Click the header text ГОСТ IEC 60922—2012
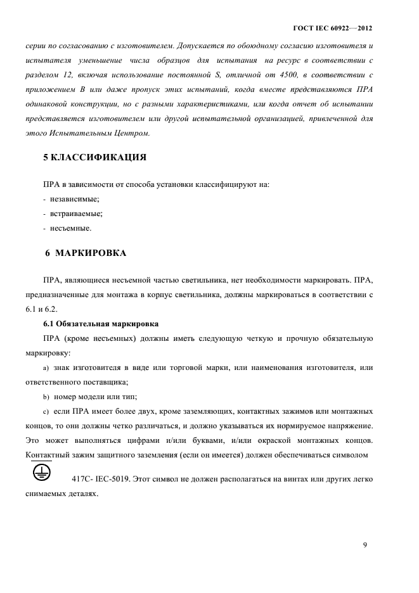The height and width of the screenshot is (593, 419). pyautogui.click(x=332, y=29)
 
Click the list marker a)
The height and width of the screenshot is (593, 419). pyautogui.click(x=46, y=368)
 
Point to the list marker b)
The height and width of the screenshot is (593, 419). pyautogui.click(x=46, y=397)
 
